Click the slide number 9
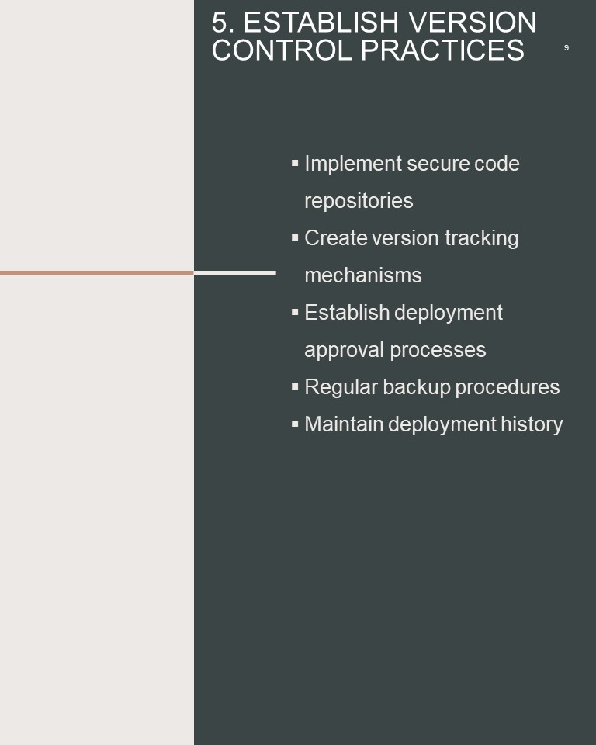[x=566, y=47]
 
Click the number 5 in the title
[x=220, y=23]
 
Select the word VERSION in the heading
[x=473, y=23]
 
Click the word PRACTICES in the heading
[x=442, y=50]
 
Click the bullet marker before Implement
[x=295, y=163]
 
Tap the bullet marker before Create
[x=295, y=237]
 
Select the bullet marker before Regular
[x=295, y=386]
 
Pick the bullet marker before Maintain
[x=295, y=424]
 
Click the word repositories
[x=359, y=201]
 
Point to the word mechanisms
[x=363, y=275]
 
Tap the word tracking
[x=481, y=238]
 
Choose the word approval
[x=344, y=351]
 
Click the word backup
[x=417, y=388]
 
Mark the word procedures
[x=508, y=388]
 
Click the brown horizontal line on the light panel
[x=97, y=273]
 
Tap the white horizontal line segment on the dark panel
[x=235, y=273]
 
